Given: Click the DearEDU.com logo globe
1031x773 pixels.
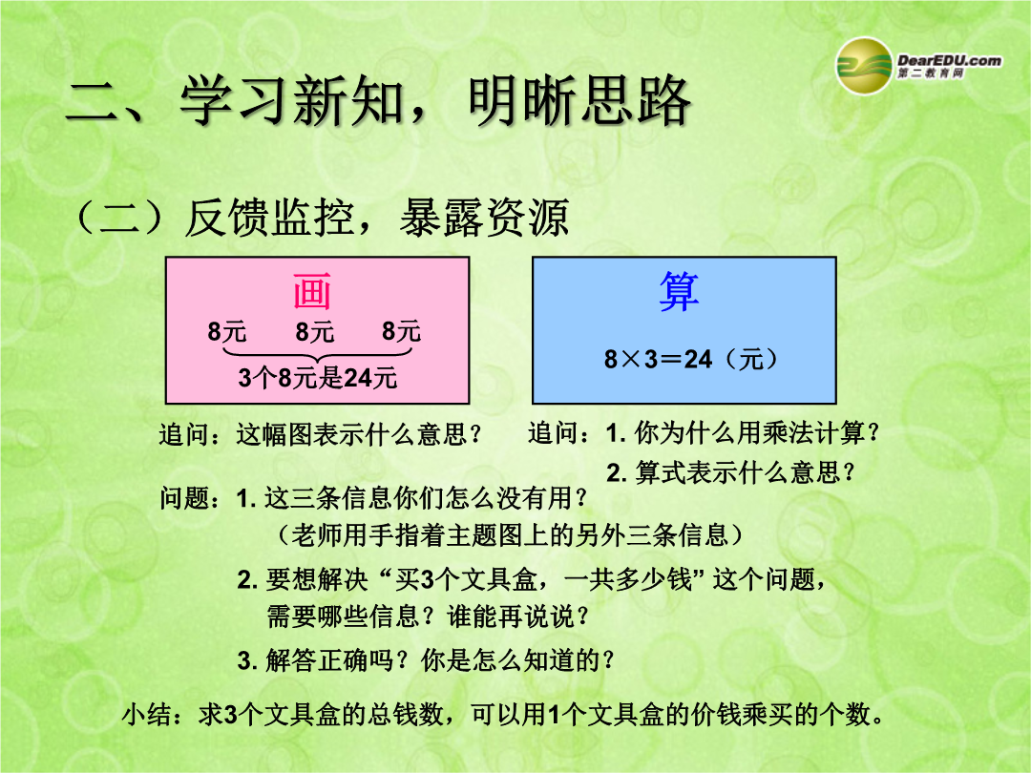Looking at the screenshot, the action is point(864,66).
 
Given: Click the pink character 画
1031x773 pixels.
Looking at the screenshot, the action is point(311,290).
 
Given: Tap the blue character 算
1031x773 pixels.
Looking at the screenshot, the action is point(679,291).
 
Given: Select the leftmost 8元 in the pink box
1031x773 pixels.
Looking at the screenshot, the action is point(227,331).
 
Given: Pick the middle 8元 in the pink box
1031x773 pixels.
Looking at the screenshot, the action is point(314,331).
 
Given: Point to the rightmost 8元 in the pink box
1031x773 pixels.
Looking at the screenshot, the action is point(401,330).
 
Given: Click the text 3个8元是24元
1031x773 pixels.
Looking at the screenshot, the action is point(318,378).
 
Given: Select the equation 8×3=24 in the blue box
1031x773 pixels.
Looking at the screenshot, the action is point(658,359).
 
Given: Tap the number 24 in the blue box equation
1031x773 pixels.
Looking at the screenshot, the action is point(698,359).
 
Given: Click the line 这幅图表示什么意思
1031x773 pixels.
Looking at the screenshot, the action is point(359,434).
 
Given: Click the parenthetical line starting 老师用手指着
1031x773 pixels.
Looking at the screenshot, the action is point(510,535).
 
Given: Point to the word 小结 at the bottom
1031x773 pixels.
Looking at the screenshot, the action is point(147,715).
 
